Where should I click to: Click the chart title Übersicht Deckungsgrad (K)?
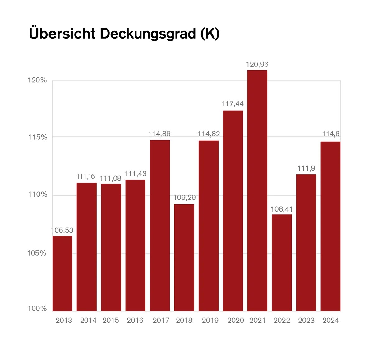tap(124, 34)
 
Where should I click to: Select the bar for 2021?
tap(257, 190)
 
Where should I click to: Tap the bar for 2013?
tap(62, 273)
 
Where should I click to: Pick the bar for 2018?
tap(184, 257)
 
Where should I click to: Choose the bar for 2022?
tap(282, 262)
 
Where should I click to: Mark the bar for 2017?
tap(160, 226)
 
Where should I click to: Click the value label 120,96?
tap(257, 65)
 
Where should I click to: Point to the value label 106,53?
tap(62, 230)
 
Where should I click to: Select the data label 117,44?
tap(233, 104)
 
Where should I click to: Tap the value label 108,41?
tap(282, 209)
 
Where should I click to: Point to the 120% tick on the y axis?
tap(37, 80)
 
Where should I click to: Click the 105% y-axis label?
tap(37, 253)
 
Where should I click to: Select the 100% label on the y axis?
tap(37, 308)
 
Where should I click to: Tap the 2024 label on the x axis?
tap(331, 321)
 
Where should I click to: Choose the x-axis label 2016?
tap(135, 321)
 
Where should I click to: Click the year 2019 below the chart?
tap(210, 321)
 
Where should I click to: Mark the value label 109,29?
tap(185, 198)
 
